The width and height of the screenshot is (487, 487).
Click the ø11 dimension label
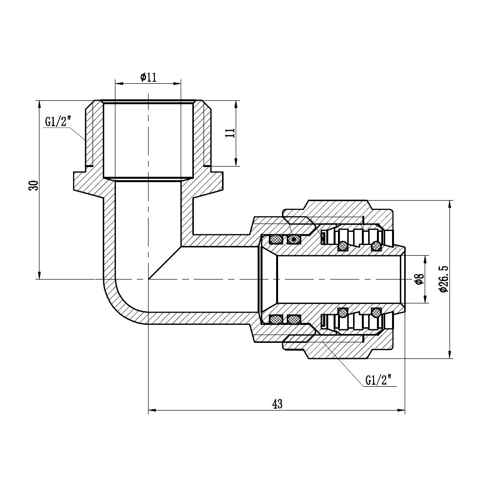pyautogui.click(x=148, y=77)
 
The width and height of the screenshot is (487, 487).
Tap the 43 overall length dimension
pyautogui.click(x=277, y=404)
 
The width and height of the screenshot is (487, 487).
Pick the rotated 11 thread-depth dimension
pyautogui.click(x=230, y=132)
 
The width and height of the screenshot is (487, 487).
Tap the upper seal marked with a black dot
pyautogui.click(x=294, y=239)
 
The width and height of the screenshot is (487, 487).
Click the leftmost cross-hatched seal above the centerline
pyautogui.click(x=276, y=239)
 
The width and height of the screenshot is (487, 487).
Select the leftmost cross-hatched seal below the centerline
pyautogui.click(x=276, y=319)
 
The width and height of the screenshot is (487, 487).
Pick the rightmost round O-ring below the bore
pyautogui.click(x=376, y=312)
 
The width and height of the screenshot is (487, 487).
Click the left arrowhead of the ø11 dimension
pyautogui.click(x=117, y=83)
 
